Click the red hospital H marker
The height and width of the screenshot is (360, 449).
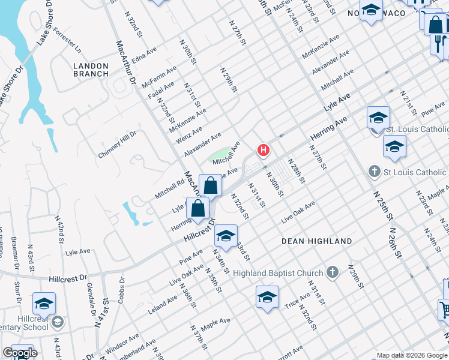pos(262,149)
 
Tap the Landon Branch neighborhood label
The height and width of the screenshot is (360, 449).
pos(91,70)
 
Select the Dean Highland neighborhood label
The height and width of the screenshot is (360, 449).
pos(317,241)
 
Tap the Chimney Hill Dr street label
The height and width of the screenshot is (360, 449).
pos(118,145)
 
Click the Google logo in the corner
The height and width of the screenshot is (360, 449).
pos(20,353)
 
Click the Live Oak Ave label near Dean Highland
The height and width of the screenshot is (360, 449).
pos(297,214)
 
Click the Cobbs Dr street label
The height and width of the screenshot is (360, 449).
pos(122,290)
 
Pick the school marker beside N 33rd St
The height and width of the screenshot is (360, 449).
pos(226,236)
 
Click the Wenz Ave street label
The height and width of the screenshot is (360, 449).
pos(189,134)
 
